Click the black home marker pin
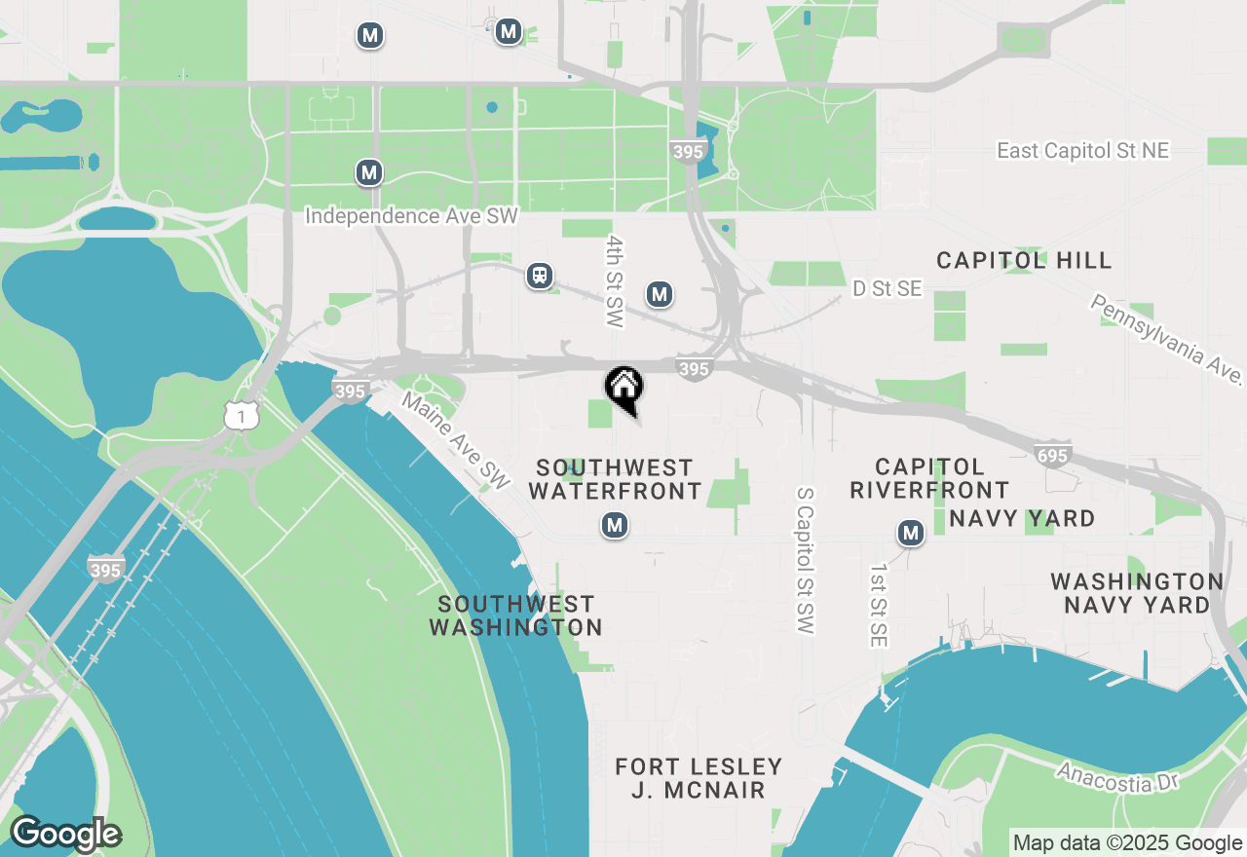click(623, 388)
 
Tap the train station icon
click(540, 276)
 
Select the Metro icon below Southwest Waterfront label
click(614, 526)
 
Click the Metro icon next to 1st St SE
click(911, 533)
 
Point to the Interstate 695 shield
click(1054, 456)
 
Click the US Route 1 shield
click(241, 417)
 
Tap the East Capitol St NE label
click(1082, 151)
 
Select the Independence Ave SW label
click(411, 216)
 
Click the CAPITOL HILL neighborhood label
click(1024, 260)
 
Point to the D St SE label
click(887, 288)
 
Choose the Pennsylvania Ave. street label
click(1167, 339)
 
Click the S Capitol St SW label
click(805, 561)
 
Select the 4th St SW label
click(614, 280)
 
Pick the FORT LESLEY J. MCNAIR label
click(699, 778)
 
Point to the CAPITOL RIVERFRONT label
click(929, 478)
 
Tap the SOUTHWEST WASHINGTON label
click(515, 615)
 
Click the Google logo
click(65, 835)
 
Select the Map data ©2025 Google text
click(1127, 843)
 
